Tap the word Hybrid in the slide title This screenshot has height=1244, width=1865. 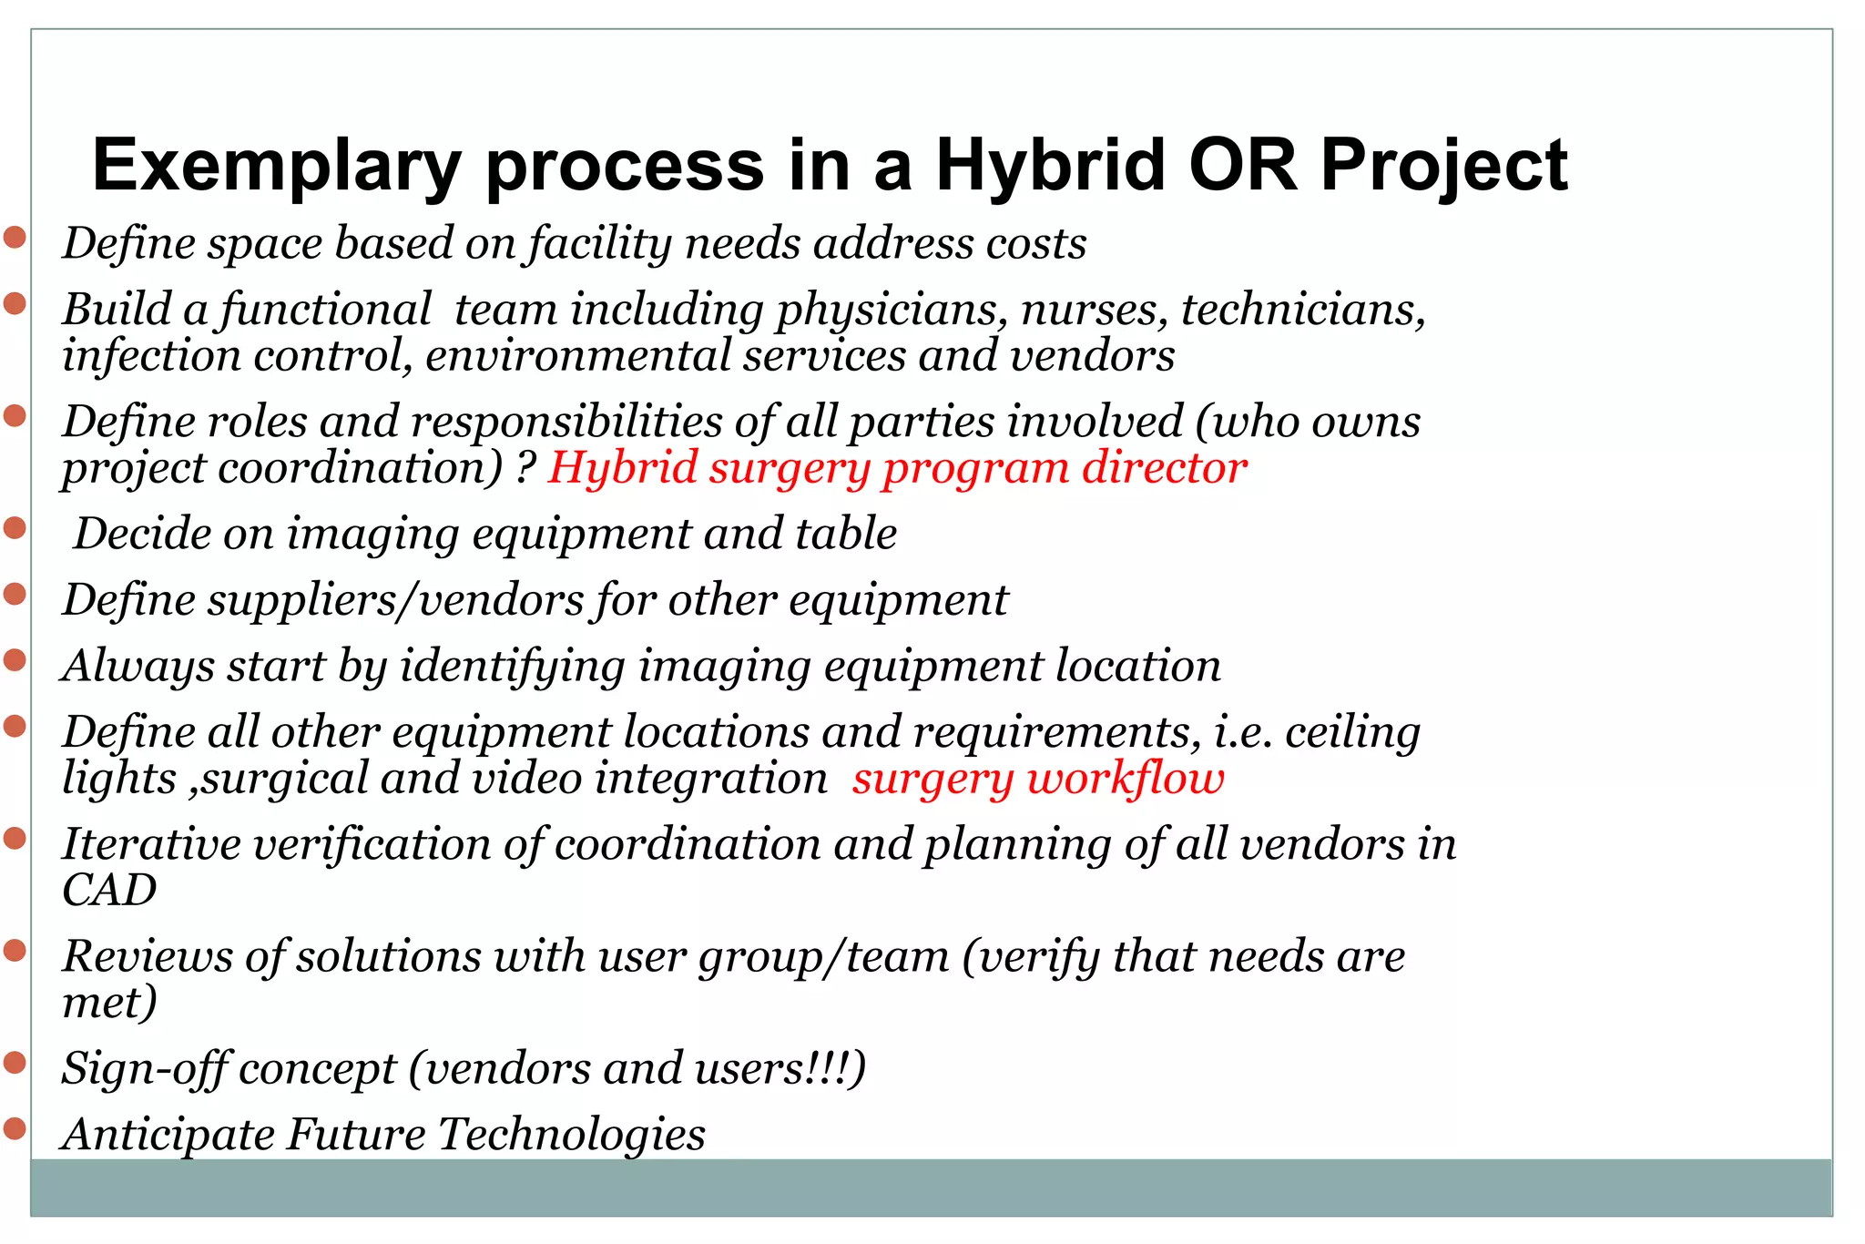coord(1050,166)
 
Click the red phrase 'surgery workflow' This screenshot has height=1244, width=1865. coord(1038,779)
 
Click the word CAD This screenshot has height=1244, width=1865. coord(109,891)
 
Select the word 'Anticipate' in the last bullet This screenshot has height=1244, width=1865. coord(168,1135)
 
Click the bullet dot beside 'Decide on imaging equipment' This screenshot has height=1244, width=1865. coord(15,527)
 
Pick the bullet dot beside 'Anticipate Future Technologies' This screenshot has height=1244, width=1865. coord(15,1128)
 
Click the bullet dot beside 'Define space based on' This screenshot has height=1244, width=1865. coord(15,238)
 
